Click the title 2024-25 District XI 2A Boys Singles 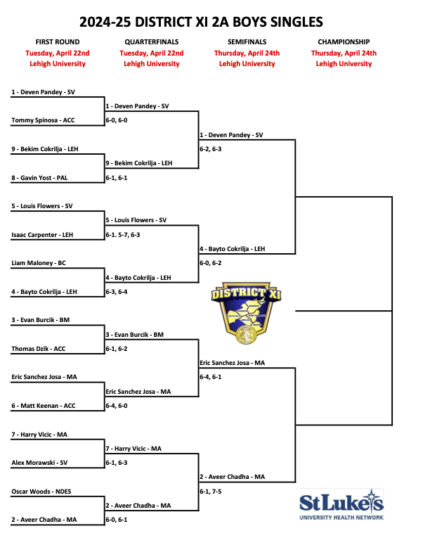tap(211, 22)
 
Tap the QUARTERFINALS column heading tap(151, 42)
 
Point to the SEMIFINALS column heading tap(247, 42)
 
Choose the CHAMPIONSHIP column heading tap(344, 42)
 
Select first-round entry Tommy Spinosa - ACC tap(43, 120)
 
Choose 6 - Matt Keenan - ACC tap(44, 406)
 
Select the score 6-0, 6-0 tap(116, 120)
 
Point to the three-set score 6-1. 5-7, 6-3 tap(122, 235)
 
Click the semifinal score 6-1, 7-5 tap(211, 492)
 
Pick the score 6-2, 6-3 tap(211, 149)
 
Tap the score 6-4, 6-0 tap(116, 406)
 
